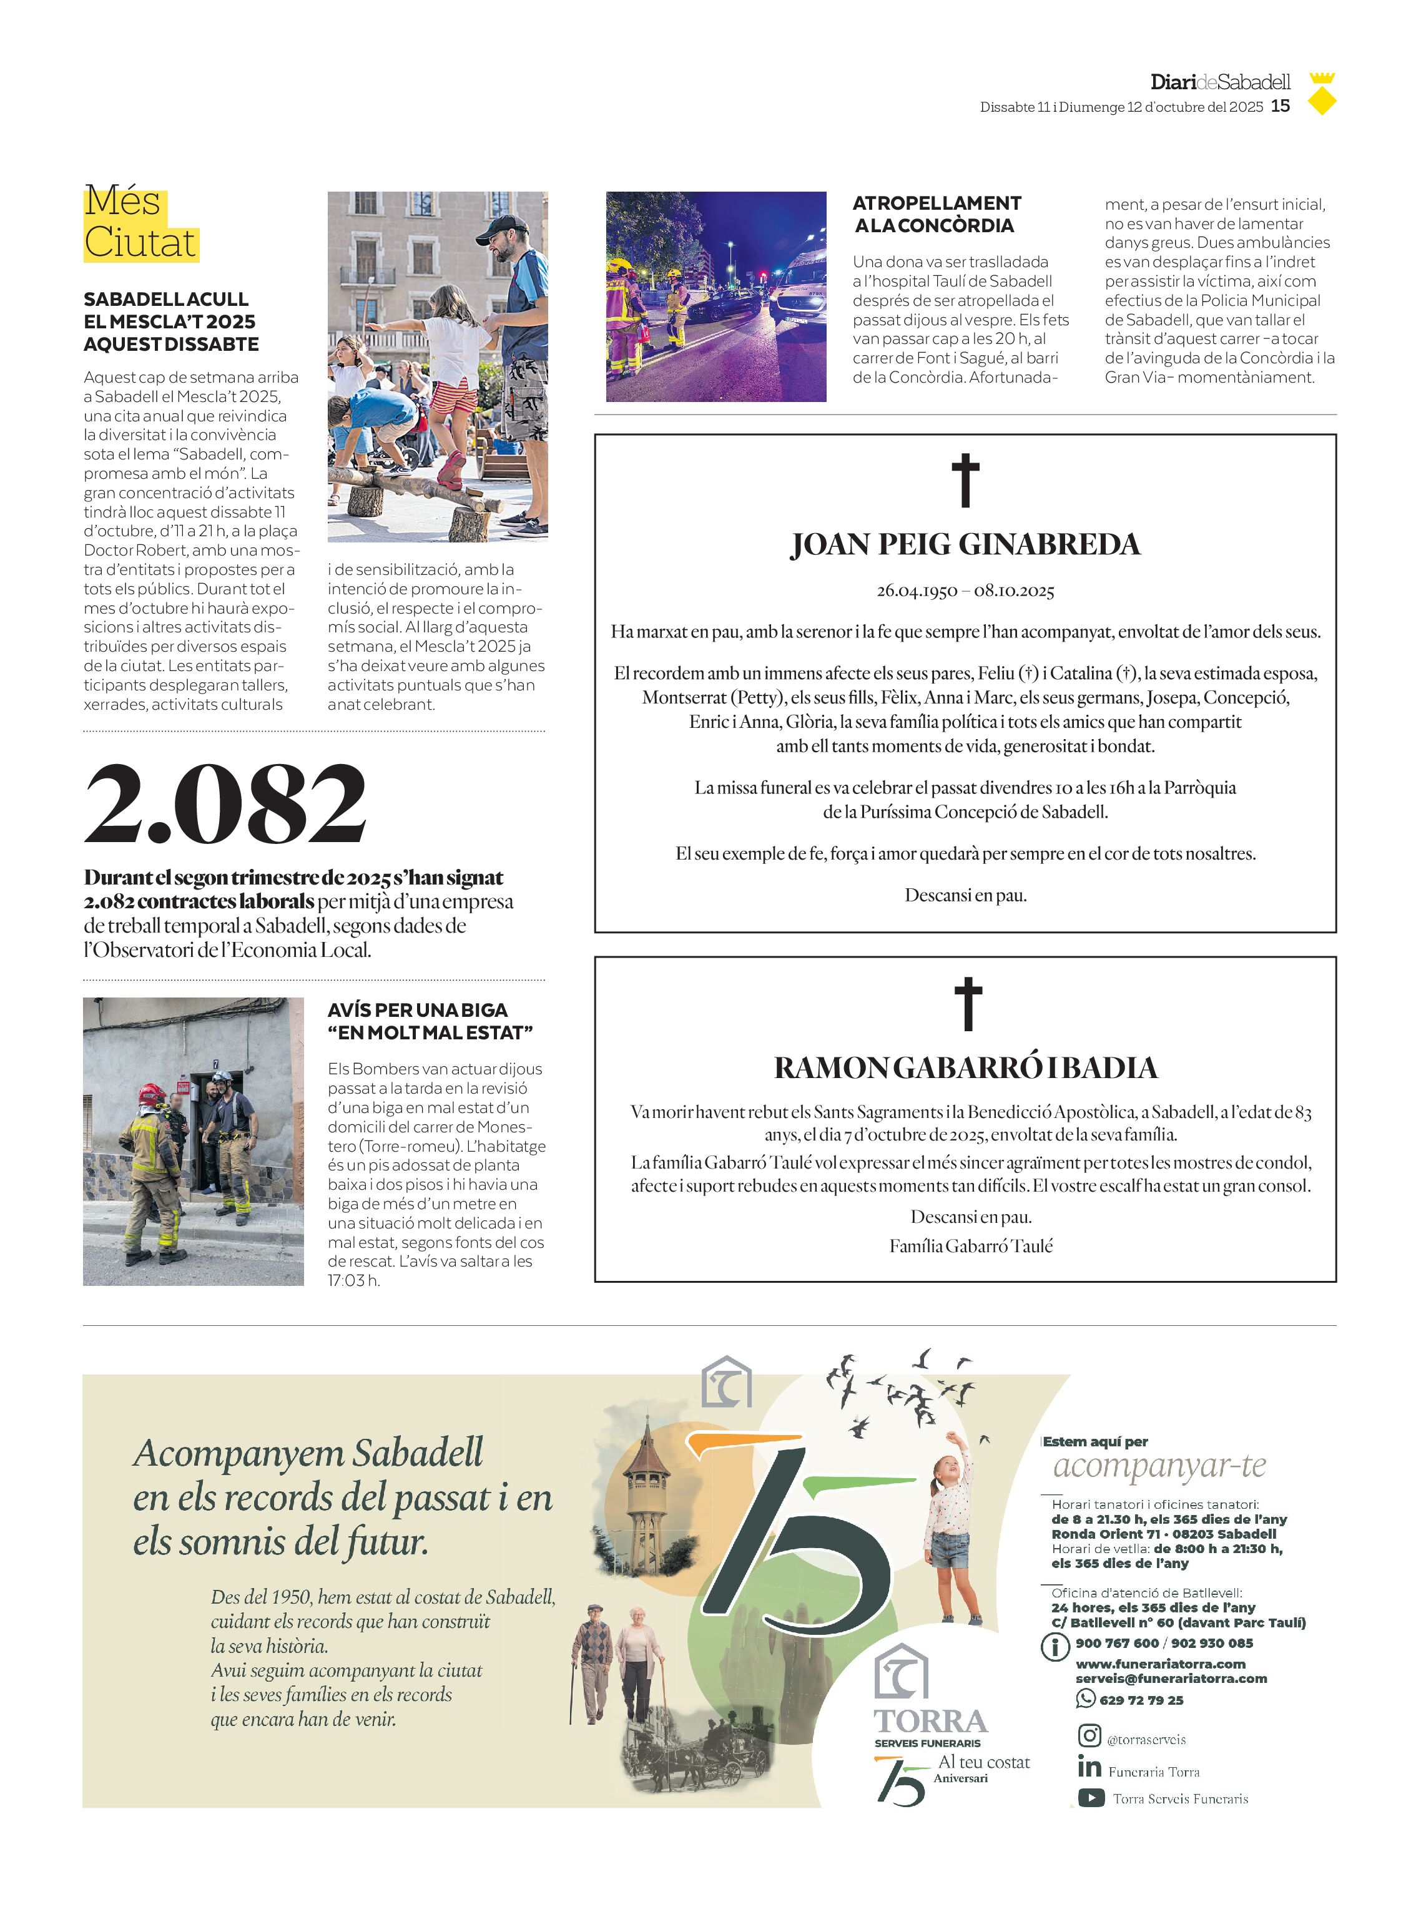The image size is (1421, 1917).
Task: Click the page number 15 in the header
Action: pyautogui.click(x=1280, y=105)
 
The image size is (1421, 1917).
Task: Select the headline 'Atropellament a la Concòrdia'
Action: pyautogui.click(x=936, y=214)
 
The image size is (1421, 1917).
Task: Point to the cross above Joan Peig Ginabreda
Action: pyautogui.click(x=965, y=480)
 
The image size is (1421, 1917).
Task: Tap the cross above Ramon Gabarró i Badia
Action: pyautogui.click(x=968, y=1004)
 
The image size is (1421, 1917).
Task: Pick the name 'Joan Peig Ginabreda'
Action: pyautogui.click(x=965, y=544)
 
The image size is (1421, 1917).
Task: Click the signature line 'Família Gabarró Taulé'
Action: pyautogui.click(x=970, y=1246)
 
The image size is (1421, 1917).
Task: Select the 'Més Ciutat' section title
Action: pyautogui.click(x=140, y=223)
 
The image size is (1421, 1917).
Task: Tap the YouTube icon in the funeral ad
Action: pyautogui.click(x=1091, y=1797)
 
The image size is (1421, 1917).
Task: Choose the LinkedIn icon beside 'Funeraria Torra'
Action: pyautogui.click(x=1089, y=1767)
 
